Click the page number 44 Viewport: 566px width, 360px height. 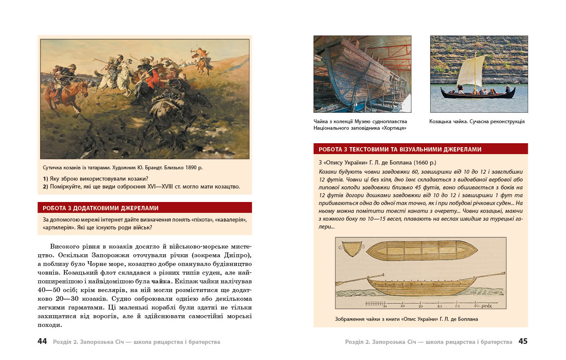click(42, 342)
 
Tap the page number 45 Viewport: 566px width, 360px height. click(522, 342)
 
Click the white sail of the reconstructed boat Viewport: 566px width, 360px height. click(471, 72)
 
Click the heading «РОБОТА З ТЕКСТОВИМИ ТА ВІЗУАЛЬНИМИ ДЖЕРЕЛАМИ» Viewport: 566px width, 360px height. click(400, 149)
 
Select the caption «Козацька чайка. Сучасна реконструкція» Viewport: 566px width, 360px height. click(477, 122)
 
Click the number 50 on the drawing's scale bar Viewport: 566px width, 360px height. click(457, 306)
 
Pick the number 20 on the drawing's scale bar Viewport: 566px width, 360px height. click(402, 306)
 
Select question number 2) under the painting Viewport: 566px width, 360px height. click(45, 187)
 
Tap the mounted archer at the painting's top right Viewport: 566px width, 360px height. click(201, 59)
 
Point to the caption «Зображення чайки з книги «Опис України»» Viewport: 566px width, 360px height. click(406, 319)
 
